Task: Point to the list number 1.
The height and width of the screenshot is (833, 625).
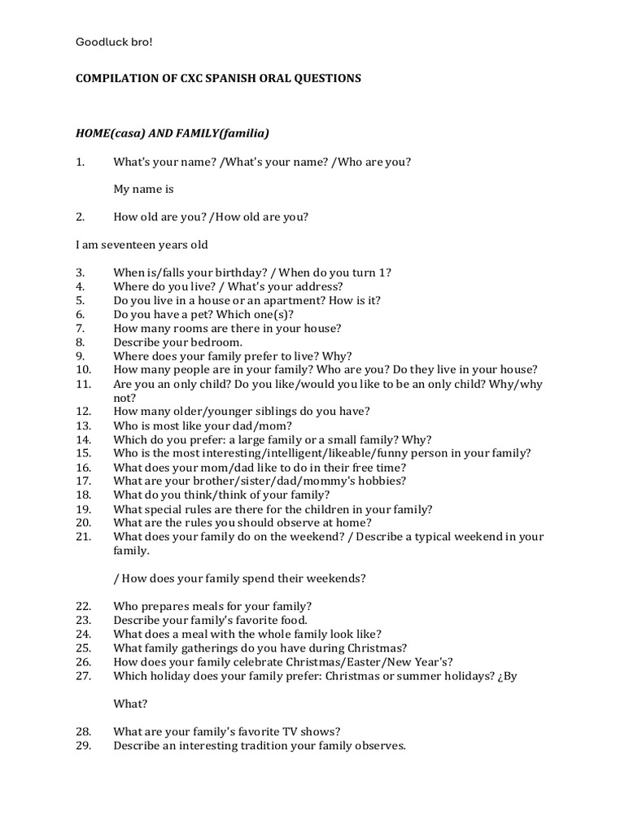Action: [x=80, y=161]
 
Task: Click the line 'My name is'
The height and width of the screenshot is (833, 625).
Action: [x=143, y=189]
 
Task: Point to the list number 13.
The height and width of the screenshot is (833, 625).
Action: [x=83, y=425]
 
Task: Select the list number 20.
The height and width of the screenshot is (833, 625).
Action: [x=83, y=522]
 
